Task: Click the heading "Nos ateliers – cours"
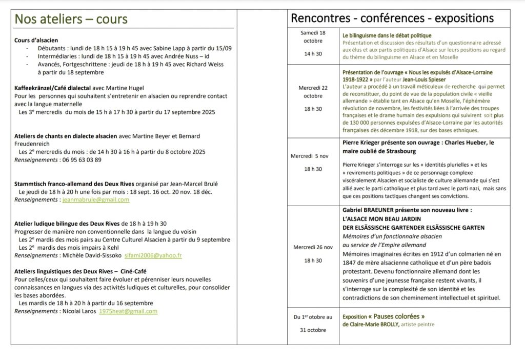pos(71,19)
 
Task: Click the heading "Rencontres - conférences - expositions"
pos(392,18)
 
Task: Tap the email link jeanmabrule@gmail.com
pos(96,200)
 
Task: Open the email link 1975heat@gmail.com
pos(128,311)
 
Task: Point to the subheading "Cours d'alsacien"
pos(36,40)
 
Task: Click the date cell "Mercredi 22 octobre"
pos(313,92)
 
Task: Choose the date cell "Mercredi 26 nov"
pos(313,247)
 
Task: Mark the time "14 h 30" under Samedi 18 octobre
pos(313,53)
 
